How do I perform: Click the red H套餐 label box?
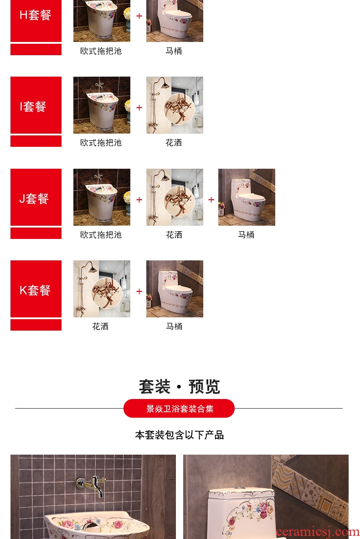36,21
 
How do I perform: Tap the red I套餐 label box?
36,105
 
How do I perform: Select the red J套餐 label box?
36,197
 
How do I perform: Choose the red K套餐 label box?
36,289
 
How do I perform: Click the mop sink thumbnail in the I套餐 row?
102,105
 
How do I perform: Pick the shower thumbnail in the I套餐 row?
175,105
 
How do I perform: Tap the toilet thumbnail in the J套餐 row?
247,197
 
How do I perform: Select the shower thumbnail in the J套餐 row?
175,197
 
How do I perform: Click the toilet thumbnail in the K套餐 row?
175,289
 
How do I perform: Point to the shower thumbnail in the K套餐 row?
102,289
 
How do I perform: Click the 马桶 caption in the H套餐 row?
174,51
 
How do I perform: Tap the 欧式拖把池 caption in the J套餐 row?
101,235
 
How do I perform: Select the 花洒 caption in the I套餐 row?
174,143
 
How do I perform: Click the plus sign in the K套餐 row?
139,291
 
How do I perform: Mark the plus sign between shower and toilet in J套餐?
211,200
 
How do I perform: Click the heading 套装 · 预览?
179,387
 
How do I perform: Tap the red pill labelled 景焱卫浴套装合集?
179,409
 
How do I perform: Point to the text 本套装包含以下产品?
179,435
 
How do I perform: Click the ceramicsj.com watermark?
318,532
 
